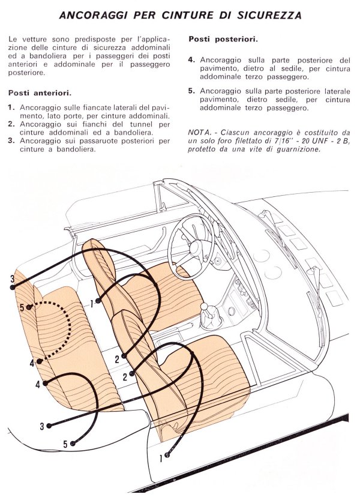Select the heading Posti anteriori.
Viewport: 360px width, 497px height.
(x=40, y=93)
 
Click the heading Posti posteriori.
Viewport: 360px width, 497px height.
(x=223, y=39)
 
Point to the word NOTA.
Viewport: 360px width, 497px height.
(x=201, y=132)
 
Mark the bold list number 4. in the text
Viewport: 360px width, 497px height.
(x=191, y=61)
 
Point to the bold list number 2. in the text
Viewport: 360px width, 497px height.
(x=12, y=124)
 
